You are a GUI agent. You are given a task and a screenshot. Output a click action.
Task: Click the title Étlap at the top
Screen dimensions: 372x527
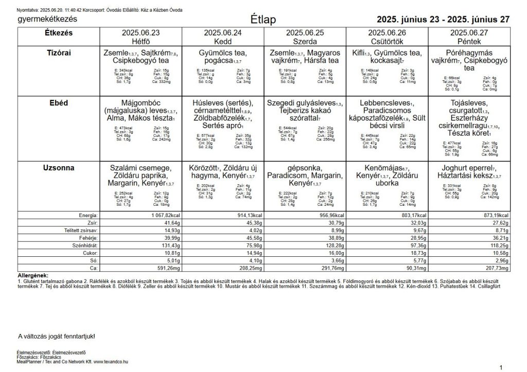pos(263,20)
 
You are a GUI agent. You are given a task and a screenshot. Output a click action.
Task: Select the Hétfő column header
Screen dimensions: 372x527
pos(140,41)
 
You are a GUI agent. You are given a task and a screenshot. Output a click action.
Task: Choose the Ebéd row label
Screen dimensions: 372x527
pos(59,103)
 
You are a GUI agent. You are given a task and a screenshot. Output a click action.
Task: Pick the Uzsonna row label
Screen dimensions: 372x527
pos(59,168)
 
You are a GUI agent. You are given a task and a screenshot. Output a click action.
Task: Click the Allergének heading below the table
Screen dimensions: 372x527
pos(32,276)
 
